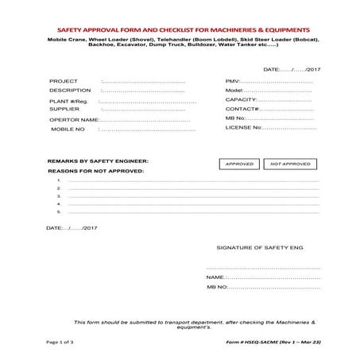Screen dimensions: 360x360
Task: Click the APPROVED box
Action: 239,164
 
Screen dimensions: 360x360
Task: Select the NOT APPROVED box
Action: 291,164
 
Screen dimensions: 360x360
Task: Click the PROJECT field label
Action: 64,81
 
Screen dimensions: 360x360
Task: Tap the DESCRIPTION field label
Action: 70,91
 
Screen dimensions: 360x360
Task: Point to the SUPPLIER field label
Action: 65,109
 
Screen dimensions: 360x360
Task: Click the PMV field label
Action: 233,81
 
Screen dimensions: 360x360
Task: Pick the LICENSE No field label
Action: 243,127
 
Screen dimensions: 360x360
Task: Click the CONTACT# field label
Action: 241,109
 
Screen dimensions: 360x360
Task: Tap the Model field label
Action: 234,91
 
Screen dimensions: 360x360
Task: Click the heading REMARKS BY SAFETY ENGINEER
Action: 98,161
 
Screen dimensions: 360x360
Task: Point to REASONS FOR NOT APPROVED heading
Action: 95,171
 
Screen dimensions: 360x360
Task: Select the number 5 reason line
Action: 191,212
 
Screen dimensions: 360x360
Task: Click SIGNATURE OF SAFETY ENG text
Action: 258,248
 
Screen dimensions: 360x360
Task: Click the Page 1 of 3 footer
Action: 60,342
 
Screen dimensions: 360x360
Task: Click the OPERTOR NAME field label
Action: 74,119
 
